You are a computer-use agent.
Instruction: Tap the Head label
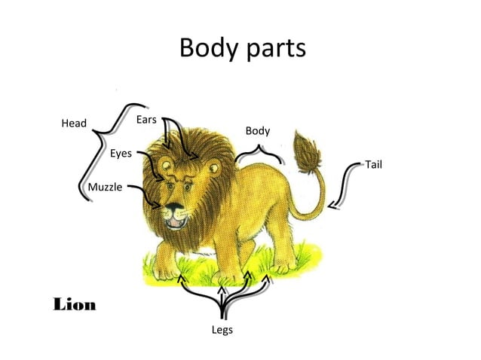(x=74, y=124)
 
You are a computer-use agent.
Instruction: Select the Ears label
(x=146, y=120)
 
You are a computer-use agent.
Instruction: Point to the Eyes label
(x=121, y=154)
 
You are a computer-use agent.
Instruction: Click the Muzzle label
(x=105, y=187)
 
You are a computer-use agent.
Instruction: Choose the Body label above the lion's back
(x=258, y=131)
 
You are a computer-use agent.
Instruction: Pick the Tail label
(x=374, y=163)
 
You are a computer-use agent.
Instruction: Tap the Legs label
(x=222, y=330)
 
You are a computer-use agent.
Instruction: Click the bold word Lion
(x=75, y=305)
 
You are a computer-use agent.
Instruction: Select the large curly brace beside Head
(x=101, y=148)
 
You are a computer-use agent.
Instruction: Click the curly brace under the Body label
(x=259, y=154)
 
